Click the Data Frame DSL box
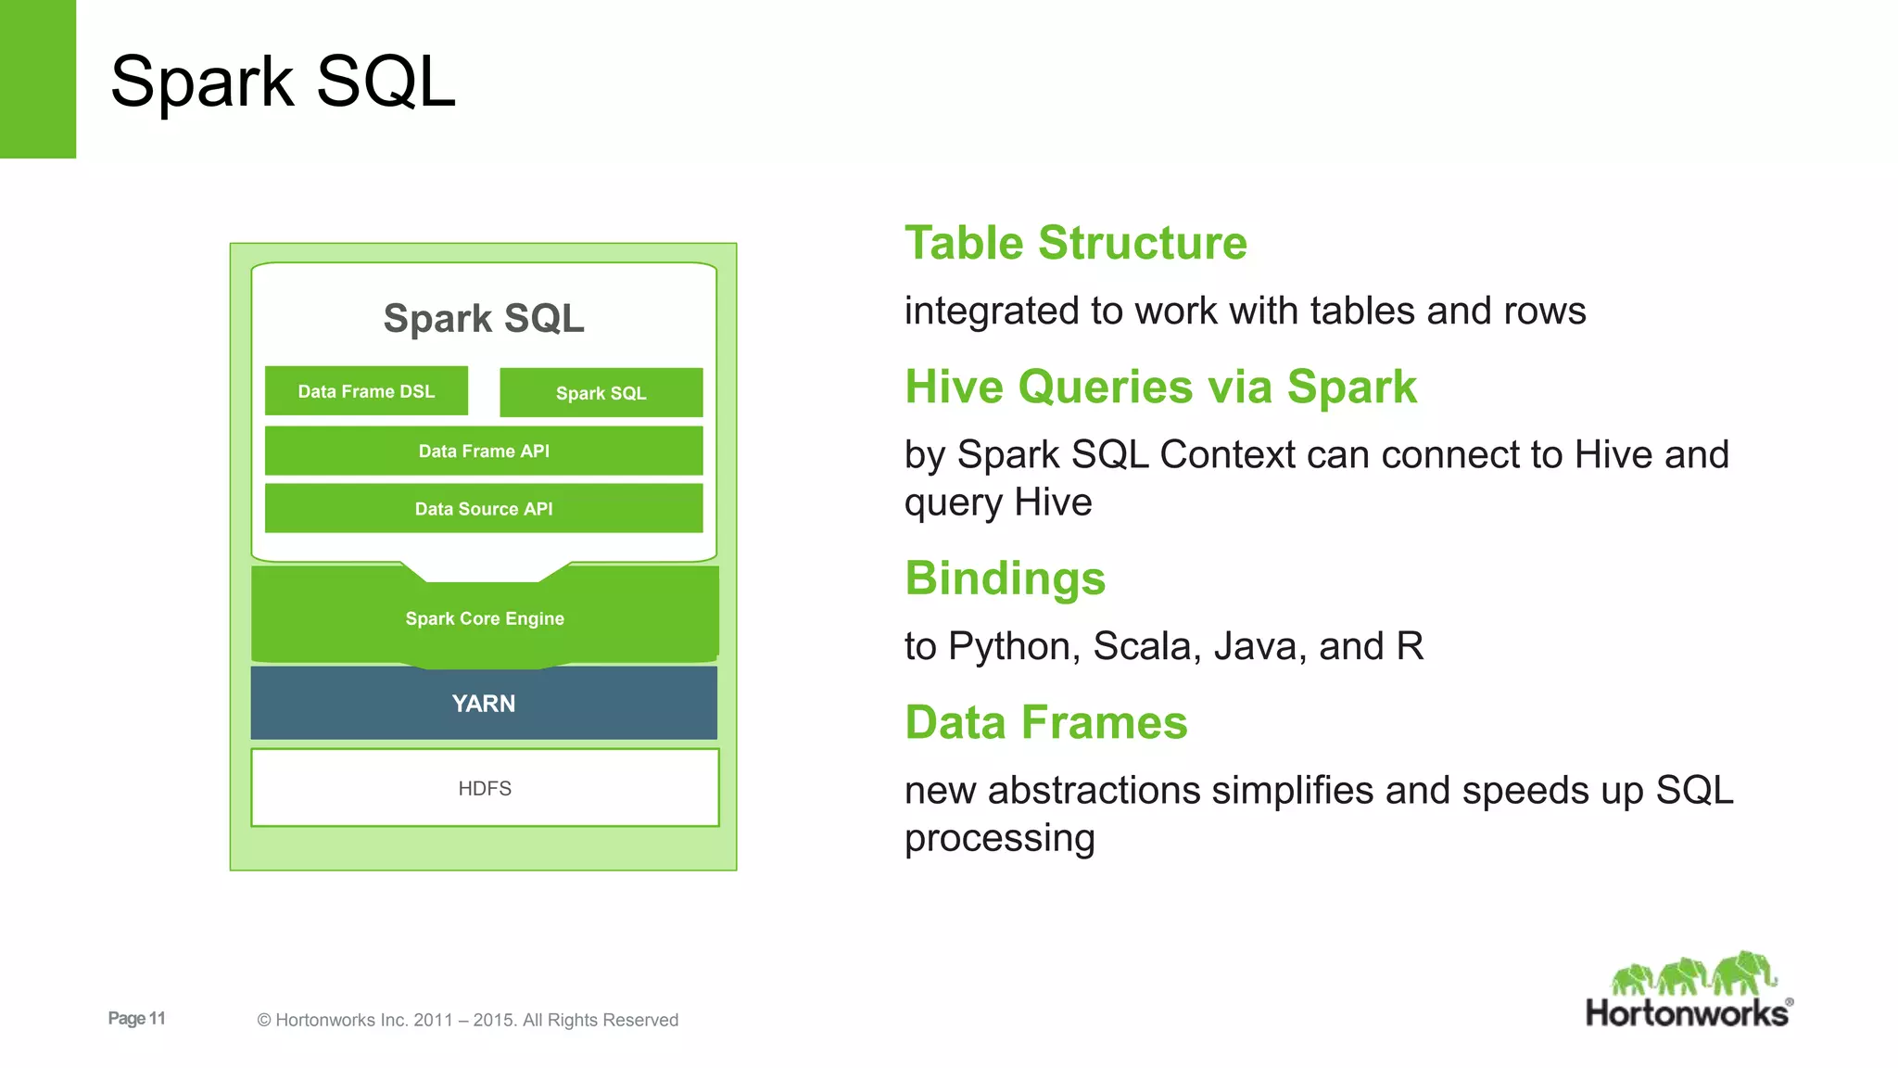point(366,391)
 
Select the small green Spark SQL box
point(601,393)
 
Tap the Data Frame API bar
point(484,451)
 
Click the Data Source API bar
point(484,509)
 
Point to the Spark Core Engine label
point(485,618)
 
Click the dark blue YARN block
point(484,703)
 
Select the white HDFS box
point(485,788)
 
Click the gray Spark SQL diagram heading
point(484,318)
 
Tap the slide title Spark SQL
point(283,82)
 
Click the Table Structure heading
point(1076,243)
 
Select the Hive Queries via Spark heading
point(1160,387)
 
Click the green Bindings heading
point(1005,578)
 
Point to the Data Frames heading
point(1045,722)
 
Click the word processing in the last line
point(999,838)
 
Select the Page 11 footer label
point(136,1018)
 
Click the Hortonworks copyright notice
point(467,1020)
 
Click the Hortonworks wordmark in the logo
point(1687,1013)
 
